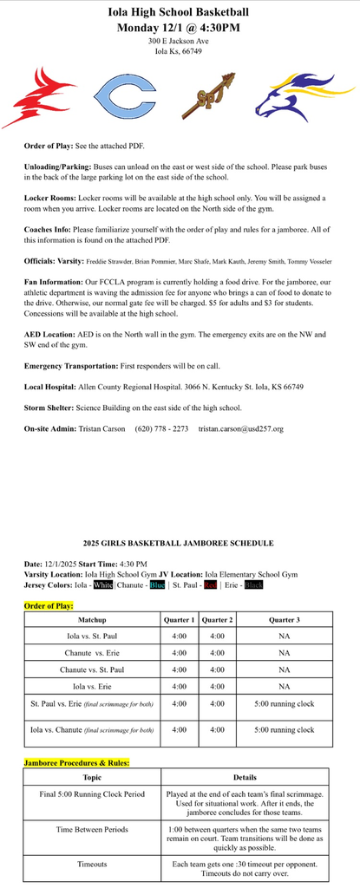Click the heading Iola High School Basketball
pyautogui.click(x=179, y=12)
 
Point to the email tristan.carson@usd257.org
pyautogui.click(x=240, y=428)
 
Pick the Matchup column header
pyautogui.click(x=91, y=620)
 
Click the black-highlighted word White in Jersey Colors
pyautogui.click(x=103, y=584)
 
